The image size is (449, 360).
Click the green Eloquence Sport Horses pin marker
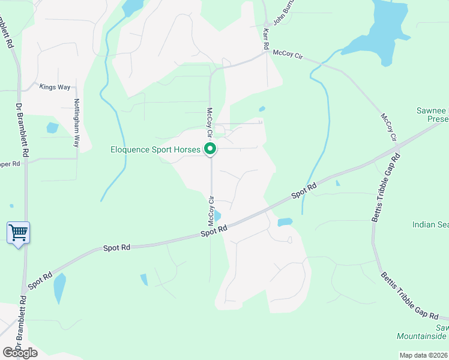pos(210,148)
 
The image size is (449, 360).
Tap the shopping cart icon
pos(18,232)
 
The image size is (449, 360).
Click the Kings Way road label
pos(55,87)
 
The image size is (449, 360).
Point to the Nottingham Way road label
pos(76,123)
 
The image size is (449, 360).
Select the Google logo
pos(20,352)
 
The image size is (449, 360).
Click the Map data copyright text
pos(424,355)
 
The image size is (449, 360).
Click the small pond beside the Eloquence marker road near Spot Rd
pos(217,216)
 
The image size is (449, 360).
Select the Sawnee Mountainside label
pos(424,332)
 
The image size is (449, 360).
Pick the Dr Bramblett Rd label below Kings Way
pos(20,132)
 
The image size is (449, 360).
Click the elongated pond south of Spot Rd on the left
pos(59,288)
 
